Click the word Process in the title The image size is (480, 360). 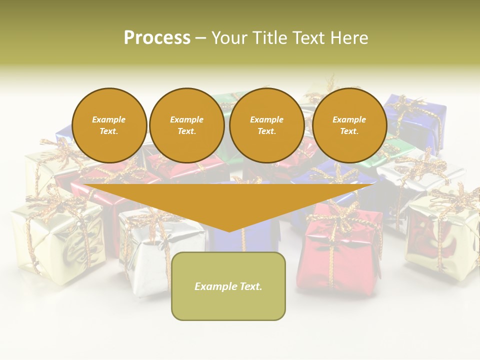(157, 37)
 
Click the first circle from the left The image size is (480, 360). (109, 125)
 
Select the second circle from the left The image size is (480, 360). (186, 125)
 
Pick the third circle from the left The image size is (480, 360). (266, 125)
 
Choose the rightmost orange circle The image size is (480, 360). (349, 125)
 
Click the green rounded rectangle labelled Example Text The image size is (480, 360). (228, 286)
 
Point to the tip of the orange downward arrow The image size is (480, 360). (229, 230)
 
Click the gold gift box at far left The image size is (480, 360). (55, 240)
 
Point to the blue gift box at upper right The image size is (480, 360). (417, 122)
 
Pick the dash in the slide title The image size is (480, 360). (200, 38)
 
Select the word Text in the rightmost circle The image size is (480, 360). (349, 131)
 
